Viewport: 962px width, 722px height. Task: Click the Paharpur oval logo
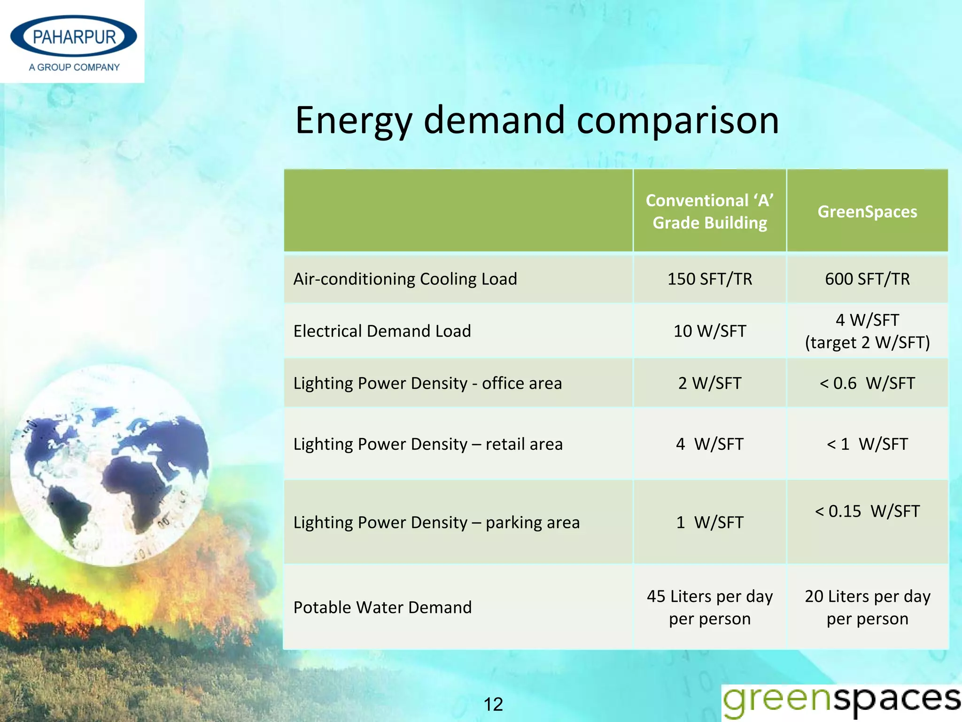pos(74,37)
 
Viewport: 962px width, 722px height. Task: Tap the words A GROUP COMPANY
pos(74,67)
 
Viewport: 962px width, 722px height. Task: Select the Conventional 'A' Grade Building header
pos(709,212)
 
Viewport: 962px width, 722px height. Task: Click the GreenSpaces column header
pos(867,212)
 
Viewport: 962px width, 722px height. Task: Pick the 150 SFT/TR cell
pos(709,279)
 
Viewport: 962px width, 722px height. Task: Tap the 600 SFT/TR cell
pos(867,279)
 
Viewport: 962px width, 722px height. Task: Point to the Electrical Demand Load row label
pos(382,331)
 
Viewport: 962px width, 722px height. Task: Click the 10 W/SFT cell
pos(709,331)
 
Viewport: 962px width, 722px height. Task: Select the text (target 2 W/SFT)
pos(867,342)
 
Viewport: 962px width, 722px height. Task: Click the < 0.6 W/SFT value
pos(867,383)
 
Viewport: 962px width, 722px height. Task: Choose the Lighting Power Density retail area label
pos(427,444)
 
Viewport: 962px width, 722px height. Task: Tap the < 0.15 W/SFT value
pos(867,511)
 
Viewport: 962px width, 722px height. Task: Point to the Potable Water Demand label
pos(382,607)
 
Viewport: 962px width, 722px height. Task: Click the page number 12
pos(493,704)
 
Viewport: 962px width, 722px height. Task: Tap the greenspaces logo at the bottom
pos(841,701)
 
